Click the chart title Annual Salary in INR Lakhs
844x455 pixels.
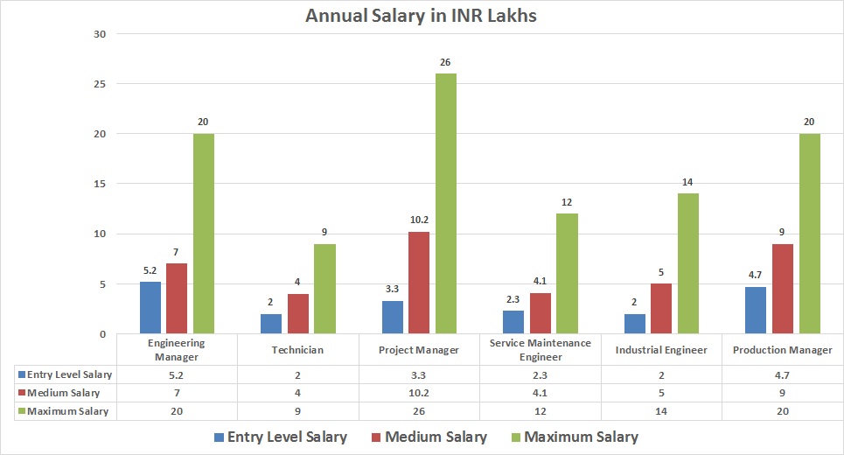point(422,16)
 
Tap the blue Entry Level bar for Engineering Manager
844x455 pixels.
point(151,308)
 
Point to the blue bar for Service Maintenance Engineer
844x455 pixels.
point(513,322)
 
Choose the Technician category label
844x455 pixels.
point(298,350)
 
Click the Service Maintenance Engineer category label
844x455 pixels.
point(541,350)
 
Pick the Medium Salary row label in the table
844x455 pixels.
point(64,393)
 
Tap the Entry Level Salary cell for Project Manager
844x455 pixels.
point(420,374)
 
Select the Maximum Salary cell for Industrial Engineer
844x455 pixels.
point(662,411)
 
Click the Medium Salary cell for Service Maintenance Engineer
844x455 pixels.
point(541,393)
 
